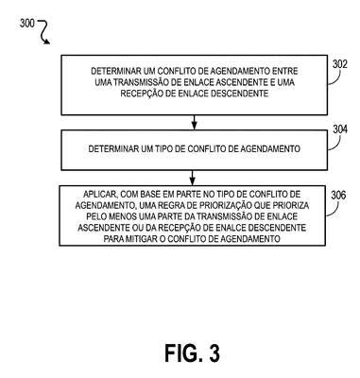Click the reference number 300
(27, 24)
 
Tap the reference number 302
(340, 64)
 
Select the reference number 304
(340, 129)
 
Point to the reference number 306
(338, 196)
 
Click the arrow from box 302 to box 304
(194, 123)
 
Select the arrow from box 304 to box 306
(193, 178)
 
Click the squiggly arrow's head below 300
(46, 42)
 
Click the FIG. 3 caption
(192, 352)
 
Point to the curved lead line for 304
(335, 145)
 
